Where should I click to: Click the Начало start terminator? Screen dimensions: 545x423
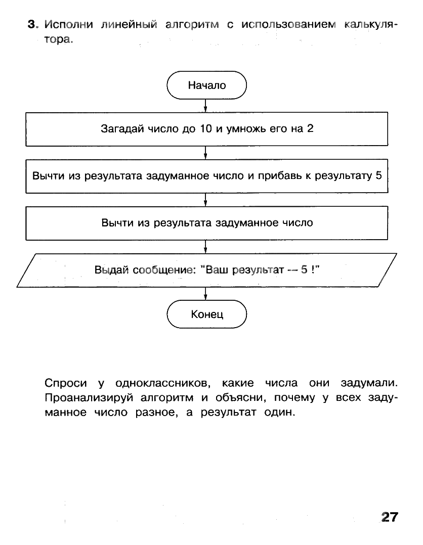pos(206,85)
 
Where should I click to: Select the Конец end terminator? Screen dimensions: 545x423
pos(206,314)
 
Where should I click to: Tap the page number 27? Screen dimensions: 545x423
pos(389,517)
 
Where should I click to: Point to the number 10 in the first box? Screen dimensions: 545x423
pos(204,128)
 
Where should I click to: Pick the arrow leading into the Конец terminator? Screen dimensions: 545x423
pos(205,294)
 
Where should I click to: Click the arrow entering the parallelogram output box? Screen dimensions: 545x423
pos(205,247)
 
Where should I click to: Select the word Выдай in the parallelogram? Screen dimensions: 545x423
pos(111,270)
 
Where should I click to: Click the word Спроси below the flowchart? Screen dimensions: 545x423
pos(66,383)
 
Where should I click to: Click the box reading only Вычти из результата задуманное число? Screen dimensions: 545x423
pos(206,222)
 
